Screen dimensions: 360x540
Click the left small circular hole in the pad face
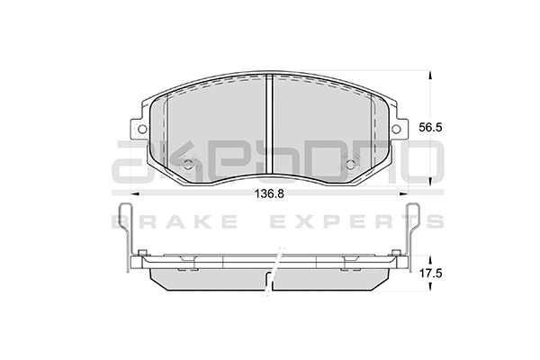pos(188,166)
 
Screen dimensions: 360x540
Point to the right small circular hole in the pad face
pos(353,166)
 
